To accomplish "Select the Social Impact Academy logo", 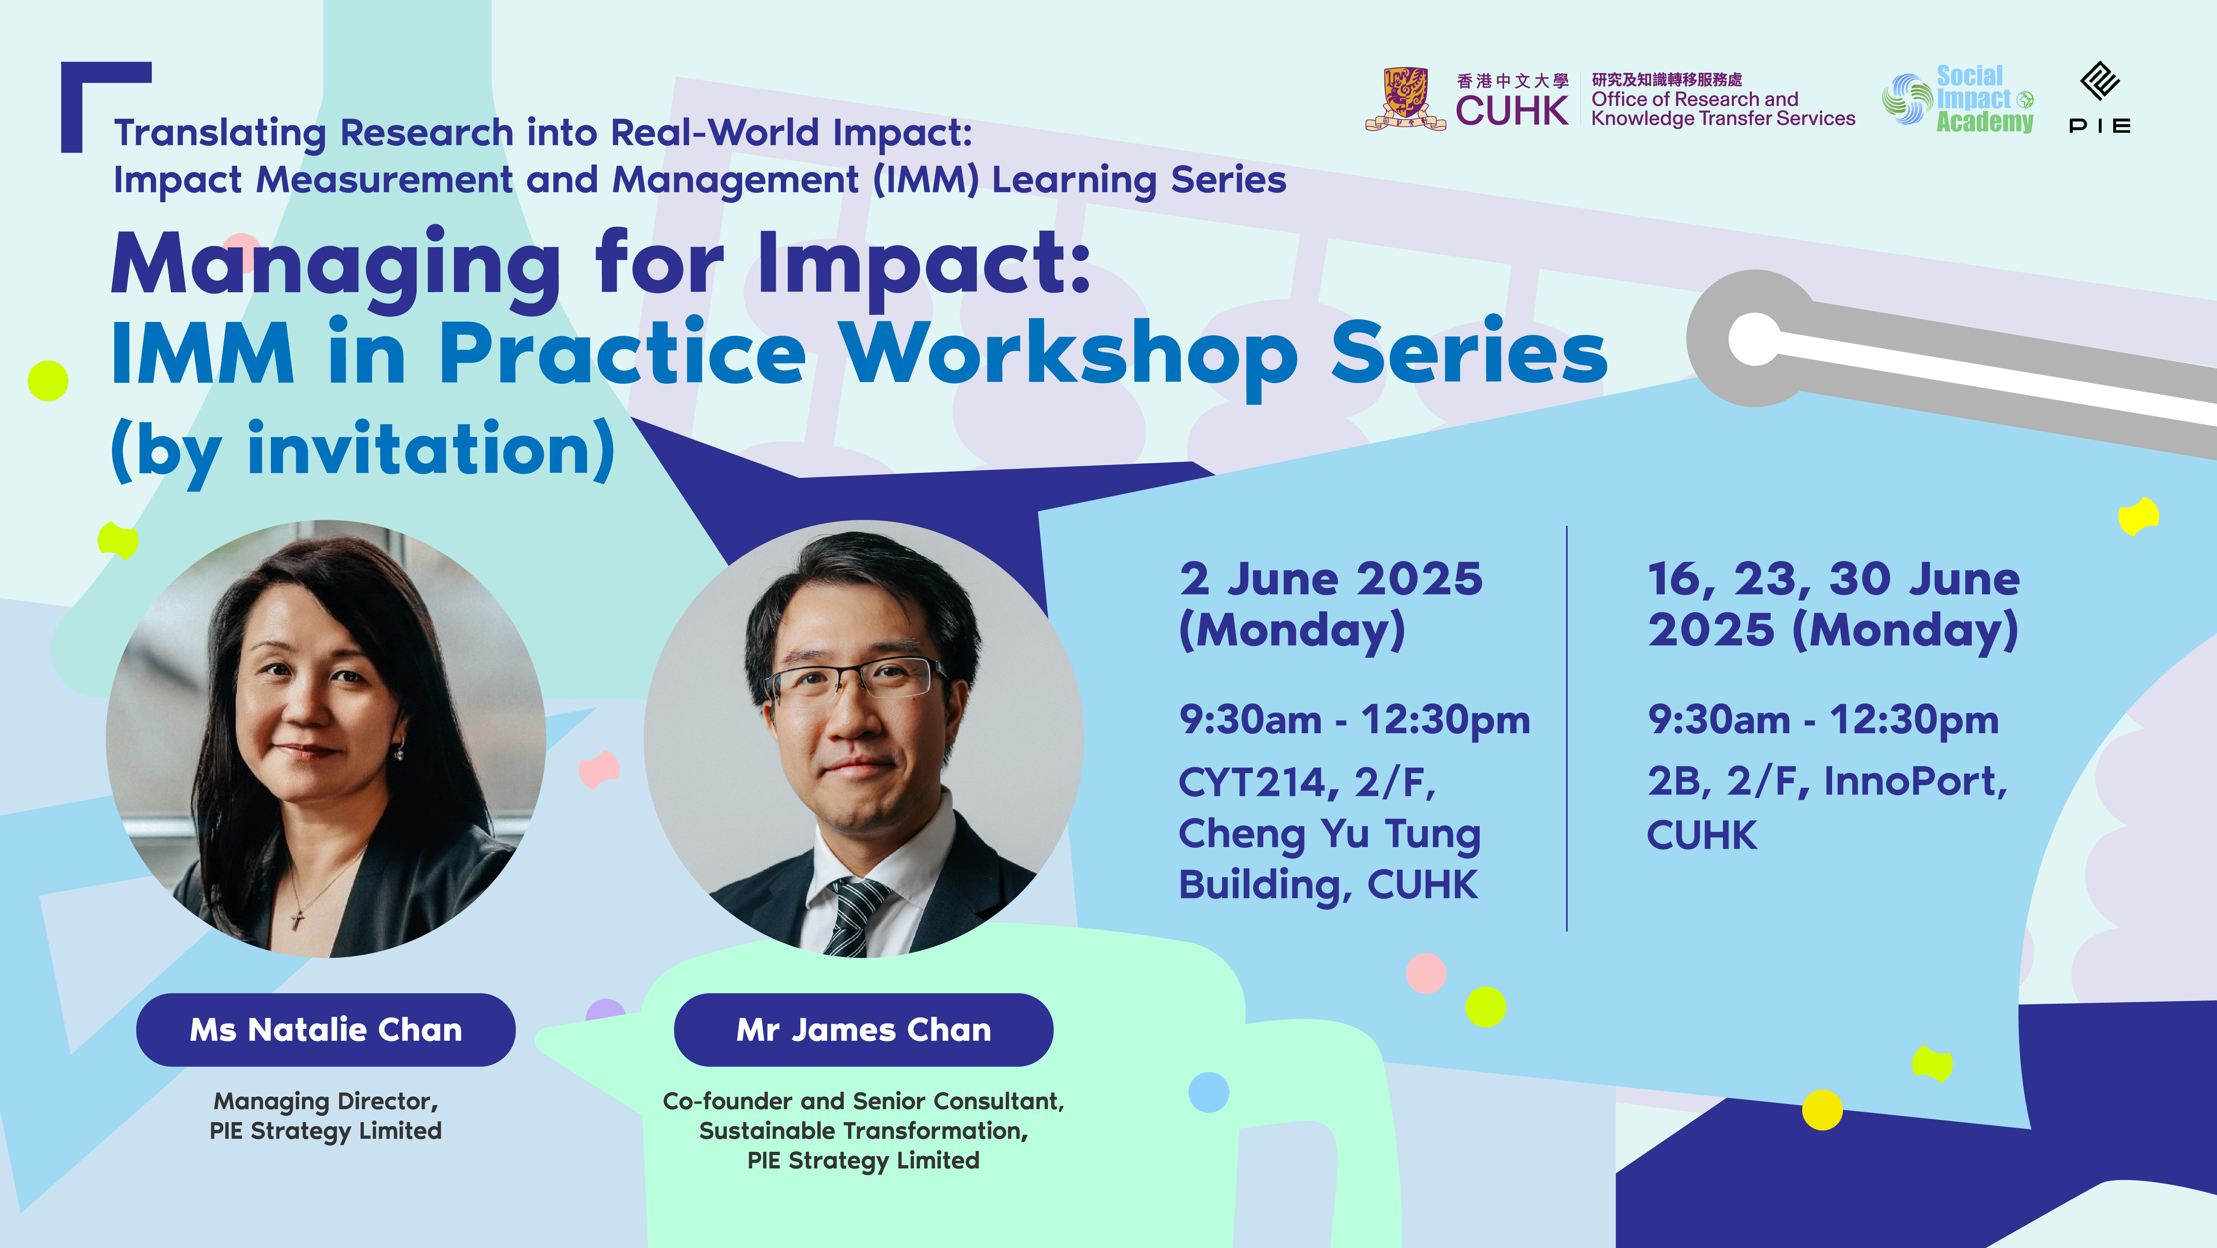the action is point(1958,99).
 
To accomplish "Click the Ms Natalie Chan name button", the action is point(325,1030).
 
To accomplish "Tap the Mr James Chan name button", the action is point(863,1030).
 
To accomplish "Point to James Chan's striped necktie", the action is point(852,917).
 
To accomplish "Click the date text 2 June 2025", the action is point(1331,578).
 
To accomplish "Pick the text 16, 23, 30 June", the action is point(1833,578).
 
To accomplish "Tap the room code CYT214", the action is point(1253,782).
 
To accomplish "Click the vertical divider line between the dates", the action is point(1566,728).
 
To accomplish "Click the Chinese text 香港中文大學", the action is point(1512,81).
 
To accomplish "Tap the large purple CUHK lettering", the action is point(1512,111).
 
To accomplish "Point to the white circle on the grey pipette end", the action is point(1754,339).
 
